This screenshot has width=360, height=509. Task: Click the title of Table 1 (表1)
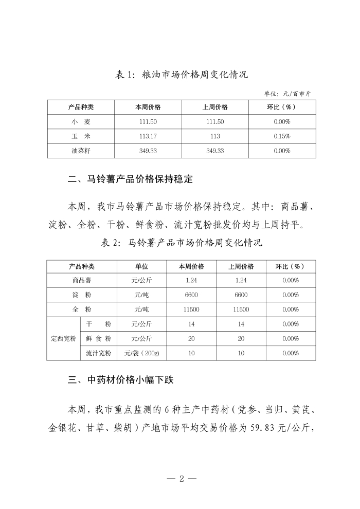(x=182, y=75)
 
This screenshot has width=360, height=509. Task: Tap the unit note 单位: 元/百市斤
(x=291, y=94)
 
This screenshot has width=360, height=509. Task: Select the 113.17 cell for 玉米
(x=148, y=136)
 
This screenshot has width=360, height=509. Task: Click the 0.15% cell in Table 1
(x=282, y=136)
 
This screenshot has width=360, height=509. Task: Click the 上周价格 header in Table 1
(x=215, y=107)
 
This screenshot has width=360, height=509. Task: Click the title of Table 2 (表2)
(x=182, y=243)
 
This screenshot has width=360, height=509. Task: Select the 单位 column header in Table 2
(x=141, y=266)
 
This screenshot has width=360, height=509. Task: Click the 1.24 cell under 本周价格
(x=191, y=280)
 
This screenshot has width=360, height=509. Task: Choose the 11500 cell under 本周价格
(x=191, y=310)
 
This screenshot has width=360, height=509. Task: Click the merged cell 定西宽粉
(x=63, y=339)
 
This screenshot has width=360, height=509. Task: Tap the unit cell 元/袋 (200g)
(x=141, y=353)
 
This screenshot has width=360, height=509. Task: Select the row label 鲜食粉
(x=98, y=339)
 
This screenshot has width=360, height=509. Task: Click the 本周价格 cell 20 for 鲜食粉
(x=191, y=339)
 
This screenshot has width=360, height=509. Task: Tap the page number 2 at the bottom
(x=181, y=479)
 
